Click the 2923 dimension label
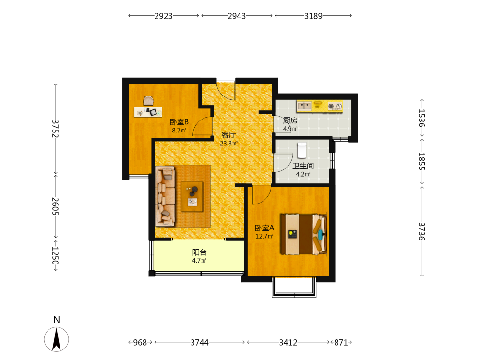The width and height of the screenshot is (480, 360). [x=164, y=16]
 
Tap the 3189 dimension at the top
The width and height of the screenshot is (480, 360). [x=313, y=16]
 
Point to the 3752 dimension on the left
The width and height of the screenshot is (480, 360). [x=55, y=128]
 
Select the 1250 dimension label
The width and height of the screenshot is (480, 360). [x=55, y=256]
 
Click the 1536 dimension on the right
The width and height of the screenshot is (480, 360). [x=422, y=118]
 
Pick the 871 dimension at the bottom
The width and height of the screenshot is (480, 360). [x=341, y=343]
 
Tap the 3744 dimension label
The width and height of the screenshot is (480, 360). [x=200, y=343]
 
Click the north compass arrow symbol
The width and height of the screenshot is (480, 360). [x=56, y=339]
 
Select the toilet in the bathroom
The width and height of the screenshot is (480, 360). [x=302, y=150]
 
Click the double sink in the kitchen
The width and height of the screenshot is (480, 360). [x=304, y=106]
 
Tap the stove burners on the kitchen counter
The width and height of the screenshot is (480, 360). [x=335, y=106]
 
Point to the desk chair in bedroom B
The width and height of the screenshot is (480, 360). [x=148, y=101]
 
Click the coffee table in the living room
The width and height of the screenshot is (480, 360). [x=192, y=196]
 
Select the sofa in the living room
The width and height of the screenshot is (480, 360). [x=165, y=196]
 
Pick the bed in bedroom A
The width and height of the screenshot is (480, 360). [x=304, y=234]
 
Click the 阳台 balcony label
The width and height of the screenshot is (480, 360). [x=200, y=252]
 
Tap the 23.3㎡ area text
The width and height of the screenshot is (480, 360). [x=228, y=143]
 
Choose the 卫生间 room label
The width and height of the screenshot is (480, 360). [x=303, y=166]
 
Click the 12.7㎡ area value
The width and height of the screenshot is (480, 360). [x=264, y=236]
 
